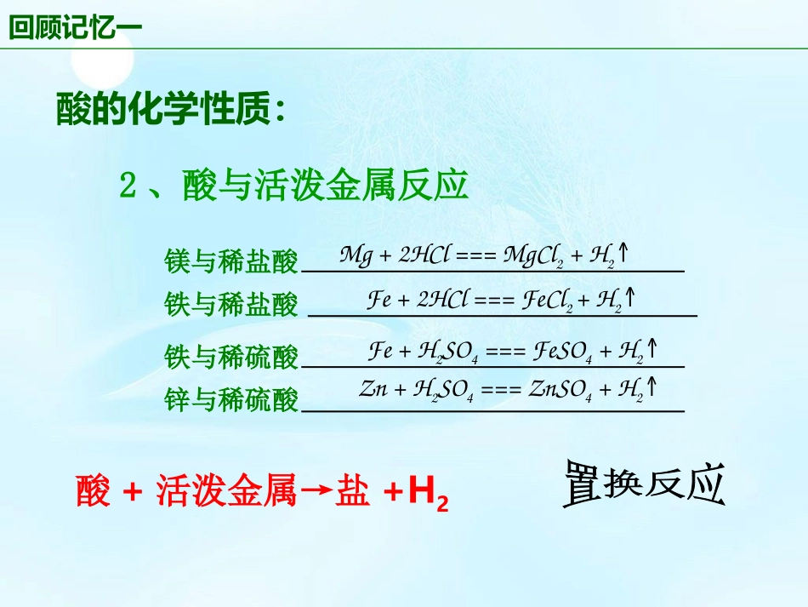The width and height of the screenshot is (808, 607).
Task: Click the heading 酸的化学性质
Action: point(170,110)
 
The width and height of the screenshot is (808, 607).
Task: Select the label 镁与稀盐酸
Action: point(231,262)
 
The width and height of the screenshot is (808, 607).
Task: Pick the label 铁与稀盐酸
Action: point(231,304)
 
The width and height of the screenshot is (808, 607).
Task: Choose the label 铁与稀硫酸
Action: point(231,358)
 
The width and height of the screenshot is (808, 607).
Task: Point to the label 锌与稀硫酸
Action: point(231,400)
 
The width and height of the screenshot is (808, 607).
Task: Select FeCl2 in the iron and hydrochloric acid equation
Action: point(546,300)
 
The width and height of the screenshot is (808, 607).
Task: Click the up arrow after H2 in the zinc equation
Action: point(652,388)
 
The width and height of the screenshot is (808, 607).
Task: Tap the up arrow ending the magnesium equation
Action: point(623,253)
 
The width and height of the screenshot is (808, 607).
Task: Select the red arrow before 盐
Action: point(316,491)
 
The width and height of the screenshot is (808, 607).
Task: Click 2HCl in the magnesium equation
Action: point(423,255)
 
